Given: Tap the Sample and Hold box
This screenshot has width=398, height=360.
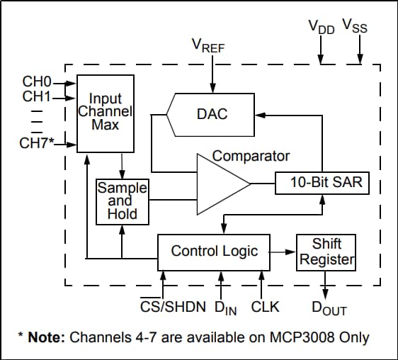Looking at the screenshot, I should click(x=122, y=201).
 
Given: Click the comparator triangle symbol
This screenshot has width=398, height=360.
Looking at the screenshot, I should click(x=221, y=184).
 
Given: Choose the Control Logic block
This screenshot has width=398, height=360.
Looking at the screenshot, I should click(x=215, y=251).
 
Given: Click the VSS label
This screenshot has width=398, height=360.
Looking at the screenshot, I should click(x=355, y=28).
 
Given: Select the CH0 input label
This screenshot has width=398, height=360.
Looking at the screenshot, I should click(x=36, y=83).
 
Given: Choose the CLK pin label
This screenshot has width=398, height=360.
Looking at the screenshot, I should click(x=265, y=307).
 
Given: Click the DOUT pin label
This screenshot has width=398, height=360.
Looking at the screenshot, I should click(x=329, y=308).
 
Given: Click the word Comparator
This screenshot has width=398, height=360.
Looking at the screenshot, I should click(x=251, y=155).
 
